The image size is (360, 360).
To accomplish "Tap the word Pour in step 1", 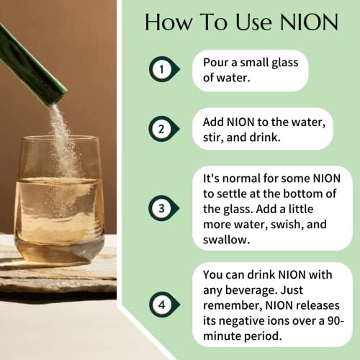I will click(x=217, y=63).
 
